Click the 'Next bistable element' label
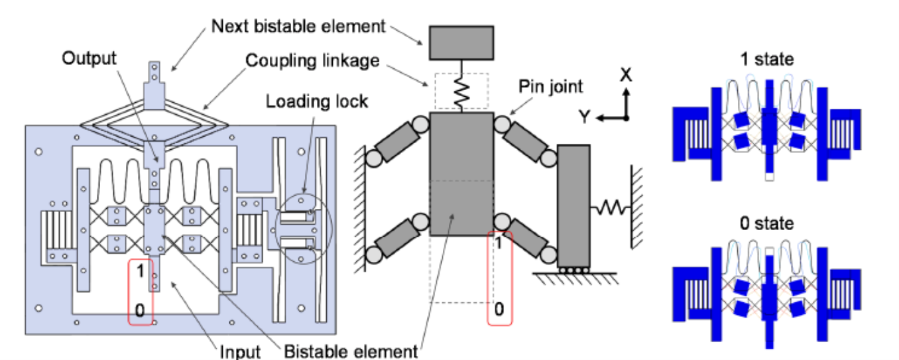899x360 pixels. (x=298, y=27)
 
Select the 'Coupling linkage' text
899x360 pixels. (x=312, y=60)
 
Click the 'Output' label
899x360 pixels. (x=89, y=58)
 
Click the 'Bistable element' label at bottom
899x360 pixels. (x=351, y=351)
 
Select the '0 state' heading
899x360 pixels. (x=766, y=223)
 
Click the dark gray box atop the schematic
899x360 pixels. (x=461, y=43)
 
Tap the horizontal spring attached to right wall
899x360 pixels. (x=610, y=208)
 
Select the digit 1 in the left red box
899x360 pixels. (x=140, y=271)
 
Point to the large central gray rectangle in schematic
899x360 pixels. (x=461, y=174)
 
